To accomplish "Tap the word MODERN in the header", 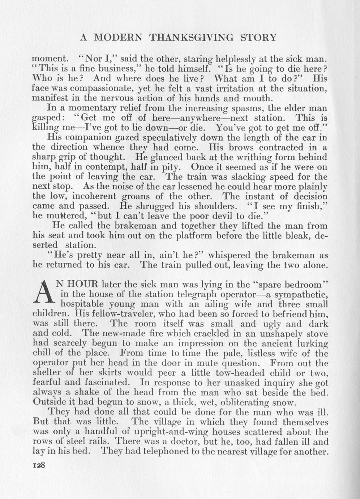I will [117, 37].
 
